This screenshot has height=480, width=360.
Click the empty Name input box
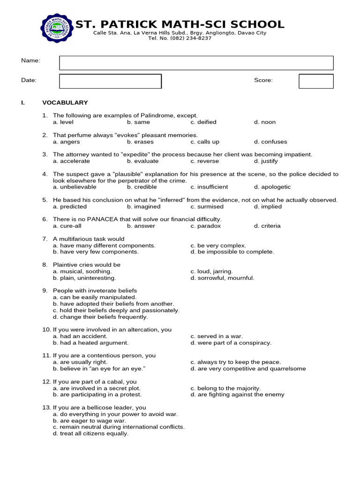(x=196, y=63)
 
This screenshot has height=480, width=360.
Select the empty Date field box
(x=110, y=81)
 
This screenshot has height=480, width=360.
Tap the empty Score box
(x=316, y=81)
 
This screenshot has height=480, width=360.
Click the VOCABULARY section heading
(x=65, y=103)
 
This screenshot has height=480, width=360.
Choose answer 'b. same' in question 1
(x=138, y=122)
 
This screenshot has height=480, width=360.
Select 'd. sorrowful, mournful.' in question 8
(x=223, y=278)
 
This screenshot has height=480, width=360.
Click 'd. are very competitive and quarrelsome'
(x=248, y=369)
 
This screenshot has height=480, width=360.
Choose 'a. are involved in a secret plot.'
(x=97, y=388)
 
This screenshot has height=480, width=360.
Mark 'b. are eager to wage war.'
(x=90, y=421)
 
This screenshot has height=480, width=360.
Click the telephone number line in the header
(x=180, y=38)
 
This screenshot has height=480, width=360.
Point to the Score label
(x=263, y=81)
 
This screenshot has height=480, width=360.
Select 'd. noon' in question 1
(x=265, y=122)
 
